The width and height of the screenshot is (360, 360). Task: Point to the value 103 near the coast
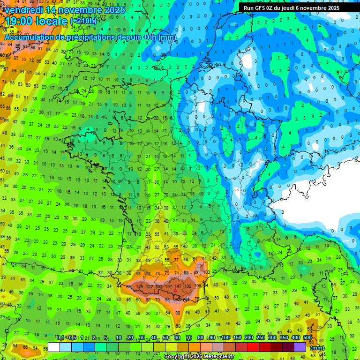click(x=206, y=272)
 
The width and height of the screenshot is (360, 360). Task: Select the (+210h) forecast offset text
click(x=83, y=21)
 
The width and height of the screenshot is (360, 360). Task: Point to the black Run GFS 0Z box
click(x=291, y=8)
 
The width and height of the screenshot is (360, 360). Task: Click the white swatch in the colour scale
click(x=54, y=347)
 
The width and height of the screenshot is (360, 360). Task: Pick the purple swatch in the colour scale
click(x=300, y=347)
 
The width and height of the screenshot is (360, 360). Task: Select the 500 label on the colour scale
click(x=307, y=337)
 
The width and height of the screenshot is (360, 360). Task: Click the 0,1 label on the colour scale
click(x=60, y=337)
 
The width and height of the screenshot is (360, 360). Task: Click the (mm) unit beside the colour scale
click(x=317, y=348)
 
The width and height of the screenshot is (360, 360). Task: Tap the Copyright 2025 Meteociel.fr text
click(x=199, y=357)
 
